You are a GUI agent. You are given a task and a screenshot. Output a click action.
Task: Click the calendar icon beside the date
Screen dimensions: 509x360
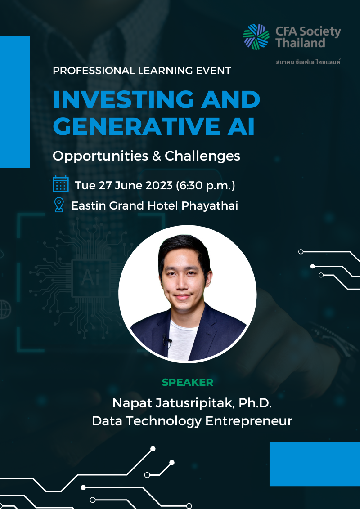click(x=61, y=184)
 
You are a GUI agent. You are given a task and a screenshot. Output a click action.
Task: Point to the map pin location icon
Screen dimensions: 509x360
click(x=59, y=205)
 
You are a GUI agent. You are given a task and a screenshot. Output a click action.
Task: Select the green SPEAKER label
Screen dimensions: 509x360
click(x=188, y=383)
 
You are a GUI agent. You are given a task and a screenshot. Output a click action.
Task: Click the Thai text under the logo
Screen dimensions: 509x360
click(x=308, y=62)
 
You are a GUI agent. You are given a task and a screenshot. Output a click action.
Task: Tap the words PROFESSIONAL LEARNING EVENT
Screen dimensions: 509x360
click(x=142, y=71)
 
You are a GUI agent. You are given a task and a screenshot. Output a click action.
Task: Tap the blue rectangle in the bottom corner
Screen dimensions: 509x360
click(x=315, y=464)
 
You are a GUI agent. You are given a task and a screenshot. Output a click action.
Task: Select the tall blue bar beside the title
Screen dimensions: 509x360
click(x=15, y=102)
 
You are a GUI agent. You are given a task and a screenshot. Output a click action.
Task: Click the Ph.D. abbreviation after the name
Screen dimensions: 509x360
click(x=256, y=403)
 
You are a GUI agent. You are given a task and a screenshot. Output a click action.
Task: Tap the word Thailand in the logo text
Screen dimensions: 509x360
click(x=300, y=43)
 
